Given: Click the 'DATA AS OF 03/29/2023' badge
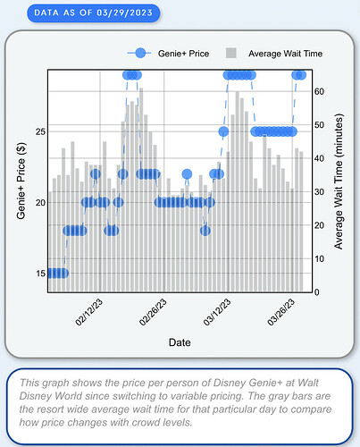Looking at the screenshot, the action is coord(94,13).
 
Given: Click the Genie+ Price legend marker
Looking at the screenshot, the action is coord(140,54).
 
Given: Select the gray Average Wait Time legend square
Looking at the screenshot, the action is coord(231,53).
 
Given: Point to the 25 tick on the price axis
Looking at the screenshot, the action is coord(40,131).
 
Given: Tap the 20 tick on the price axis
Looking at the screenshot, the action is coord(40,203).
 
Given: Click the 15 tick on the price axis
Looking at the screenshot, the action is coord(40,274).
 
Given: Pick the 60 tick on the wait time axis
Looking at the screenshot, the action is coord(319,91).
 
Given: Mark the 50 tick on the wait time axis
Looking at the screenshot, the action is coord(319,125).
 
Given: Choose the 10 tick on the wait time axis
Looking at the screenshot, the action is coord(319,259).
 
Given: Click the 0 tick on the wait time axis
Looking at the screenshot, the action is coord(317,292).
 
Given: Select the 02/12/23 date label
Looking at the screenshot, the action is coord(88,312).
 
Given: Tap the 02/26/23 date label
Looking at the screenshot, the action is coord(153,312).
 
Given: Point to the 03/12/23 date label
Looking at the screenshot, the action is coord(217,312).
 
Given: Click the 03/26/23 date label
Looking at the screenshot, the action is coord(281,312).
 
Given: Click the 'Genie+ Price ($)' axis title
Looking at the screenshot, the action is coord(21,181).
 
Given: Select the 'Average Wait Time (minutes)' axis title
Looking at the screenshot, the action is coord(339,181).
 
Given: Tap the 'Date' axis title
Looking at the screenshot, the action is coord(180,342).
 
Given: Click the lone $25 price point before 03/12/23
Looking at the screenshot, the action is coord(223,131).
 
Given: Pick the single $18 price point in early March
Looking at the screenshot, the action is coord(205,231).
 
